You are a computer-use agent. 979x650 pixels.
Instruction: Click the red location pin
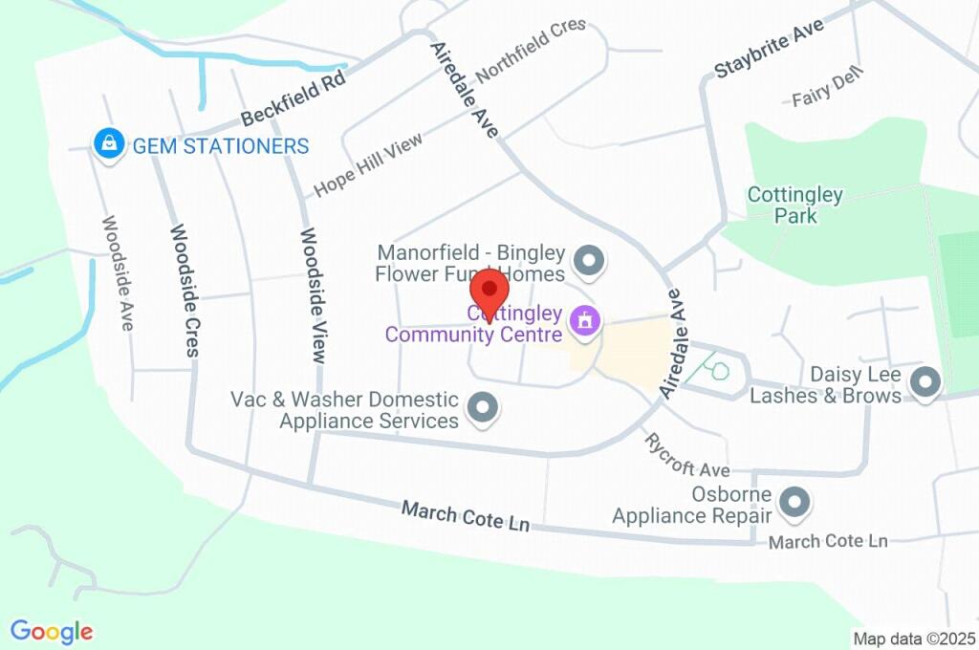tap(489, 289)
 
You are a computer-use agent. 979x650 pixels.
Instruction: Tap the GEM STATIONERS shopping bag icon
tap(110, 144)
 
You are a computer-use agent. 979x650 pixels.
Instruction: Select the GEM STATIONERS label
tap(221, 146)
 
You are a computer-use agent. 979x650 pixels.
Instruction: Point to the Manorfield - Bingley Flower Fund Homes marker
tap(589, 260)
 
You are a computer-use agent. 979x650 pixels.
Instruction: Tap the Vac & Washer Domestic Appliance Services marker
tap(482, 408)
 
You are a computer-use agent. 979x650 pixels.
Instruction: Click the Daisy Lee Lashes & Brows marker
tap(924, 383)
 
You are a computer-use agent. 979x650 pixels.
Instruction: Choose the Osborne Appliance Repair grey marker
tap(794, 501)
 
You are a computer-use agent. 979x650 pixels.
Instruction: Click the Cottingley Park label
tap(795, 206)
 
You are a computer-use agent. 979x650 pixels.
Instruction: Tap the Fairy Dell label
tap(828, 87)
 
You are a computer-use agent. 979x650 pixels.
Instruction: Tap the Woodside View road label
tap(314, 294)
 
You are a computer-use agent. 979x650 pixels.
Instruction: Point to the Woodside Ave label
tap(118, 272)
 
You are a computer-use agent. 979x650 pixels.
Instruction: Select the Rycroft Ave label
tap(687, 456)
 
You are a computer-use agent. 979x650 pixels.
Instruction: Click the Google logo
tap(52, 632)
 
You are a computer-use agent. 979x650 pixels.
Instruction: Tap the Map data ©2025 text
tap(914, 639)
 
